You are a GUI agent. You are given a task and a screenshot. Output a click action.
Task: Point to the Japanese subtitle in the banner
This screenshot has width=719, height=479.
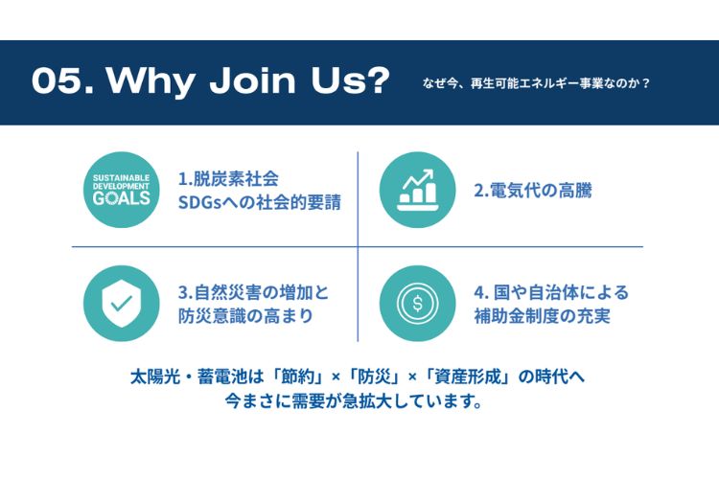click(x=536, y=83)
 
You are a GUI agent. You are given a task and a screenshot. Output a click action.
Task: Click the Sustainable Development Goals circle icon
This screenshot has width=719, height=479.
click(x=122, y=190)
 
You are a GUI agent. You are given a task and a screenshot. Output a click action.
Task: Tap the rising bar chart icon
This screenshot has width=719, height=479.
click(x=417, y=190)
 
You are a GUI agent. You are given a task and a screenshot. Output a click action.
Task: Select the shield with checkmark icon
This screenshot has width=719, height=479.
click(x=122, y=304)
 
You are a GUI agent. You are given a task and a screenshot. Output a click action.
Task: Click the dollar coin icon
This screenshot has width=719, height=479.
click(x=417, y=304)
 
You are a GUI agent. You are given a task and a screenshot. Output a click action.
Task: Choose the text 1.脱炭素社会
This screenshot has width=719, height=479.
click(x=228, y=179)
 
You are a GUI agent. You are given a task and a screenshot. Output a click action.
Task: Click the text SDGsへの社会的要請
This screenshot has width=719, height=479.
click(x=260, y=202)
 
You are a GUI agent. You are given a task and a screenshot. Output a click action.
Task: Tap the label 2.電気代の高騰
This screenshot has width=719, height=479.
click(x=533, y=191)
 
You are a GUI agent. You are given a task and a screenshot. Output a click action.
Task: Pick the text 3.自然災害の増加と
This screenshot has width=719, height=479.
click(x=254, y=292)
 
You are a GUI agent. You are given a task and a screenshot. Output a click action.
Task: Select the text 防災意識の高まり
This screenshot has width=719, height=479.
click(x=245, y=316)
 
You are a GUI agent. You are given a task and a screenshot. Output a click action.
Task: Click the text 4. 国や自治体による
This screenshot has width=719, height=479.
click(x=551, y=292)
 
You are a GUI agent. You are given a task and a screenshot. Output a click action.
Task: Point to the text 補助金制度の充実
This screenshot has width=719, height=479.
click(x=542, y=316)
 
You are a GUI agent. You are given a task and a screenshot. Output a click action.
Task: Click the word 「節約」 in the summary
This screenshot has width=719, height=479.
click(x=296, y=377)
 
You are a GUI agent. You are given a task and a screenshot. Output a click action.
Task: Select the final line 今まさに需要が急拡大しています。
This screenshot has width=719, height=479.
click(x=354, y=401)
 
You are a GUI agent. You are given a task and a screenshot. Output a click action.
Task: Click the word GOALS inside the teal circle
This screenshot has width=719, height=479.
click(x=122, y=198)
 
